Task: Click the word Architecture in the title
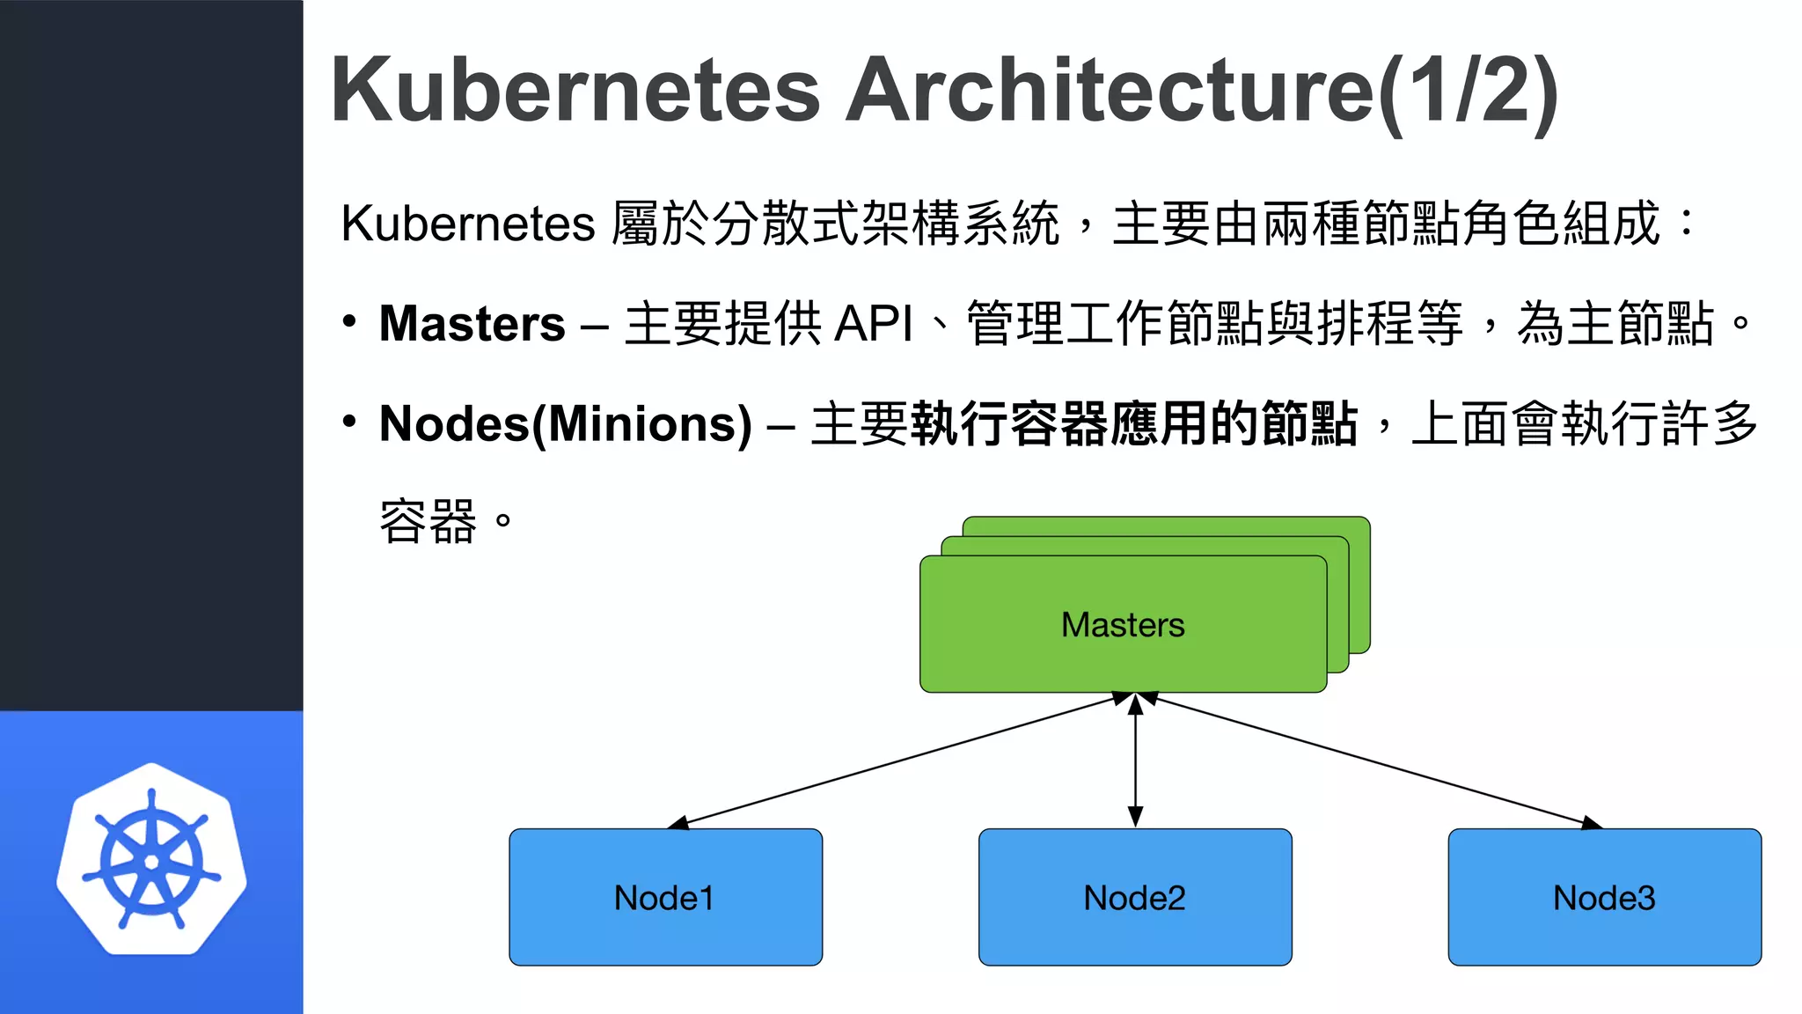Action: [x=1110, y=91]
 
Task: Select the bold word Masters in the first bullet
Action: [x=472, y=324]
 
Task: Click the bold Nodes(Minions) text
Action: [x=566, y=424]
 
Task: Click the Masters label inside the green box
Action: [x=1123, y=625]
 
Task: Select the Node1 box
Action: [x=665, y=897]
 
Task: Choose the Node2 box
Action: [x=1135, y=897]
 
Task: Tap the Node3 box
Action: [x=1604, y=897]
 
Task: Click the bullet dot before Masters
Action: [x=349, y=321]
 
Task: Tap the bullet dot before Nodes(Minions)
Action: [x=349, y=422]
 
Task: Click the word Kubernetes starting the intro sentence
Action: [x=468, y=224]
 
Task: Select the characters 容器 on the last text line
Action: [x=429, y=522]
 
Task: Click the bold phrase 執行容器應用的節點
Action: [x=1134, y=424]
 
